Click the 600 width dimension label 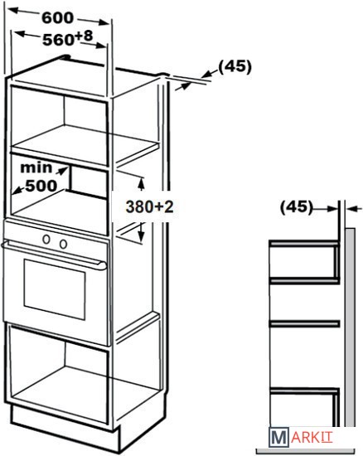57,18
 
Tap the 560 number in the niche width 58,40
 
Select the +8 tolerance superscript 84,36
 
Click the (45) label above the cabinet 235,66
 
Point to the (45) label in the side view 297,207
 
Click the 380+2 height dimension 149,207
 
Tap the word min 36,167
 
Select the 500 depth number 41,186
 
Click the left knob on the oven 46,240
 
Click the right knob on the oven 63,244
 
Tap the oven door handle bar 54,255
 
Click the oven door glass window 55,289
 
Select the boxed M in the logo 278,437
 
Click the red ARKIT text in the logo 312,438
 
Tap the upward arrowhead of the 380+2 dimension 141,183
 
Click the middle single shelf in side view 304,323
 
